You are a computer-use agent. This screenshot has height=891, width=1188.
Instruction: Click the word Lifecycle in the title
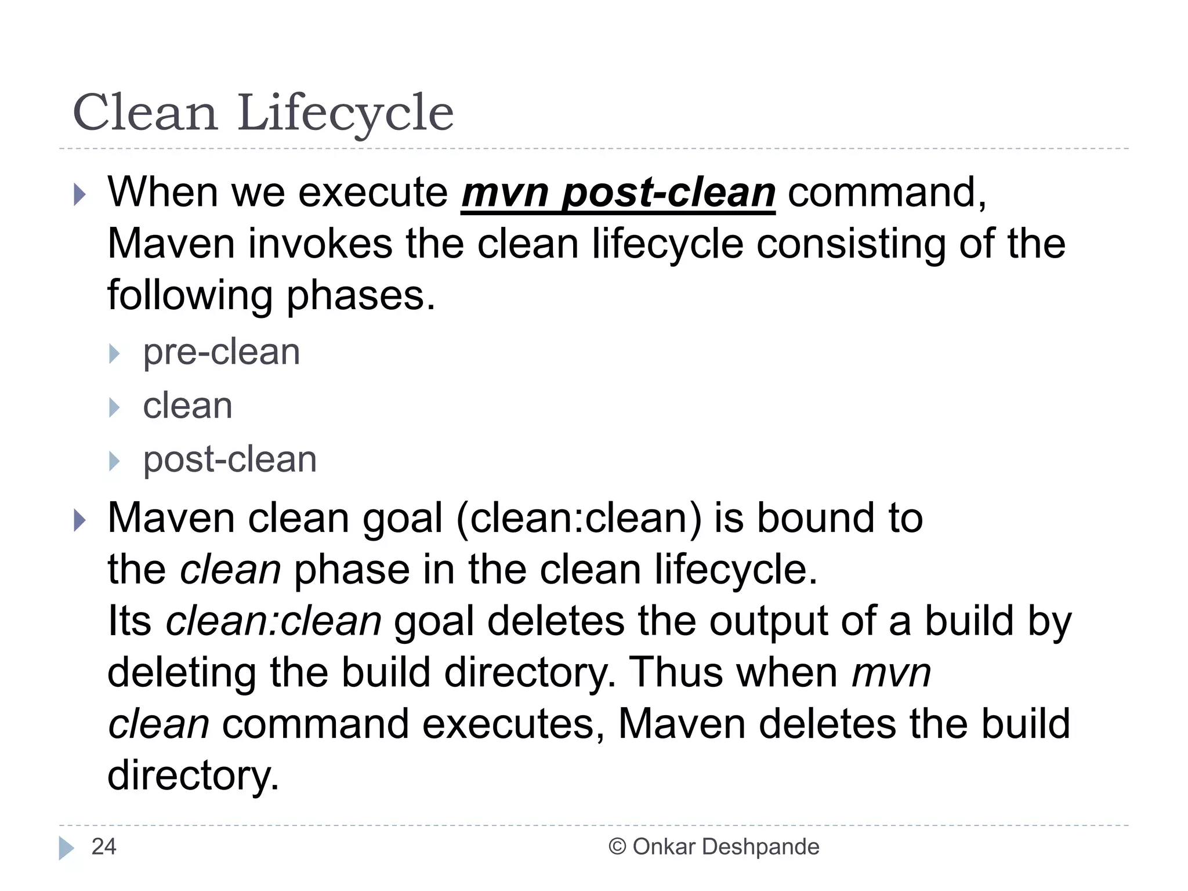click(x=345, y=113)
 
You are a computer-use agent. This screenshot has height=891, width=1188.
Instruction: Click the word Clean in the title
click(x=145, y=113)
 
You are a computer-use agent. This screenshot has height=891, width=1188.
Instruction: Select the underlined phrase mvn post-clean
click(x=618, y=193)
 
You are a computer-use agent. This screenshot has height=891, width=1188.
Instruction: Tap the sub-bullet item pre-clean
click(x=221, y=352)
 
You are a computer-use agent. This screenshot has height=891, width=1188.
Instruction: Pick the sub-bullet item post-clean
click(x=230, y=460)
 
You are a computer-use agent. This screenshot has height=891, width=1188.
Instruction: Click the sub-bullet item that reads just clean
click(x=187, y=406)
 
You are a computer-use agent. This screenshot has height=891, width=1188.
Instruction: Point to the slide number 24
click(x=104, y=847)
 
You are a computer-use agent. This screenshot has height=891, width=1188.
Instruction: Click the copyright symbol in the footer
click(x=617, y=847)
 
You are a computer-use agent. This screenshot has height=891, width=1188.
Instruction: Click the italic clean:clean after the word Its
click(x=274, y=621)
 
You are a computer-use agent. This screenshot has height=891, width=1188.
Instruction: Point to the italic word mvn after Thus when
click(x=891, y=673)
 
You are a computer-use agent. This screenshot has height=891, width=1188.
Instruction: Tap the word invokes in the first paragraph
click(x=321, y=244)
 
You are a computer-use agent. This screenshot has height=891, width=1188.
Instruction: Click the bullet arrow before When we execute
click(x=79, y=194)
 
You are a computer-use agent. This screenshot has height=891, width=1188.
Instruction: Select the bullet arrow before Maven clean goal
click(x=79, y=520)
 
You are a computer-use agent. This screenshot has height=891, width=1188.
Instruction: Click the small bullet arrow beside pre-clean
click(x=114, y=353)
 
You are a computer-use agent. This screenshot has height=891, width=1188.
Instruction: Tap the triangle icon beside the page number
click(x=67, y=848)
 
